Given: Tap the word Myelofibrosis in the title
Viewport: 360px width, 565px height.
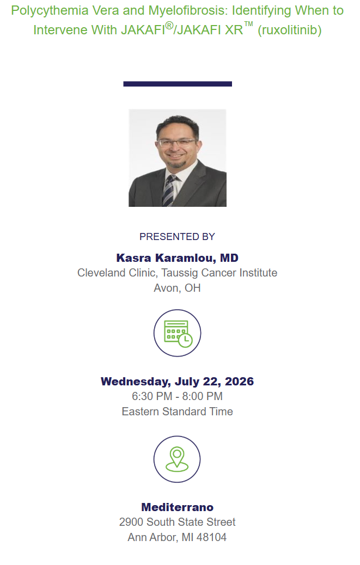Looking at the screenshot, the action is [187, 10].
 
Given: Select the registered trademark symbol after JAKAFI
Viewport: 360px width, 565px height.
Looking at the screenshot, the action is [169, 26].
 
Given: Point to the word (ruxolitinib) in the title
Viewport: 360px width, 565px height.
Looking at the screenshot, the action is [289, 30].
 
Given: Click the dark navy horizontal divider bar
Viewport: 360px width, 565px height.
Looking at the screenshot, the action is [178, 84].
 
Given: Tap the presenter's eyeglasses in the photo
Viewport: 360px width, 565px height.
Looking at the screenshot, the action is [177, 143].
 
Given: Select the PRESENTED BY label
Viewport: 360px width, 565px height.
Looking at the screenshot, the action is [178, 237].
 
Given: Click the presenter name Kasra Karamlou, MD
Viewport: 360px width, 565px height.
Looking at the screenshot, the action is [178, 258].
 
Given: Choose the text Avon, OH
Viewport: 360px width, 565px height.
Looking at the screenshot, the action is [178, 288].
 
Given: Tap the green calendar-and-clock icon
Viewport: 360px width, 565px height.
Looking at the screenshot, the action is [178, 334].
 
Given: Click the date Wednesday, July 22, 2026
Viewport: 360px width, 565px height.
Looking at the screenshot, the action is [178, 382].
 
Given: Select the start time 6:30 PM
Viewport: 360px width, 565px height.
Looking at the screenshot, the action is [152, 396].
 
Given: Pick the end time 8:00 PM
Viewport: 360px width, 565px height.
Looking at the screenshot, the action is [202, 396].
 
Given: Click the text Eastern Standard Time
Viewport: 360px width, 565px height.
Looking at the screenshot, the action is [178, 412].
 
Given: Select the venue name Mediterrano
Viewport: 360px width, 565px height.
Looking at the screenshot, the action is [178, 507].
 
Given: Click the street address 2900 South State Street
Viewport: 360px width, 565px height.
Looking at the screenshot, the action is [178, 522].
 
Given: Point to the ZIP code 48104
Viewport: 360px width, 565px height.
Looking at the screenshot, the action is [211, 538].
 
